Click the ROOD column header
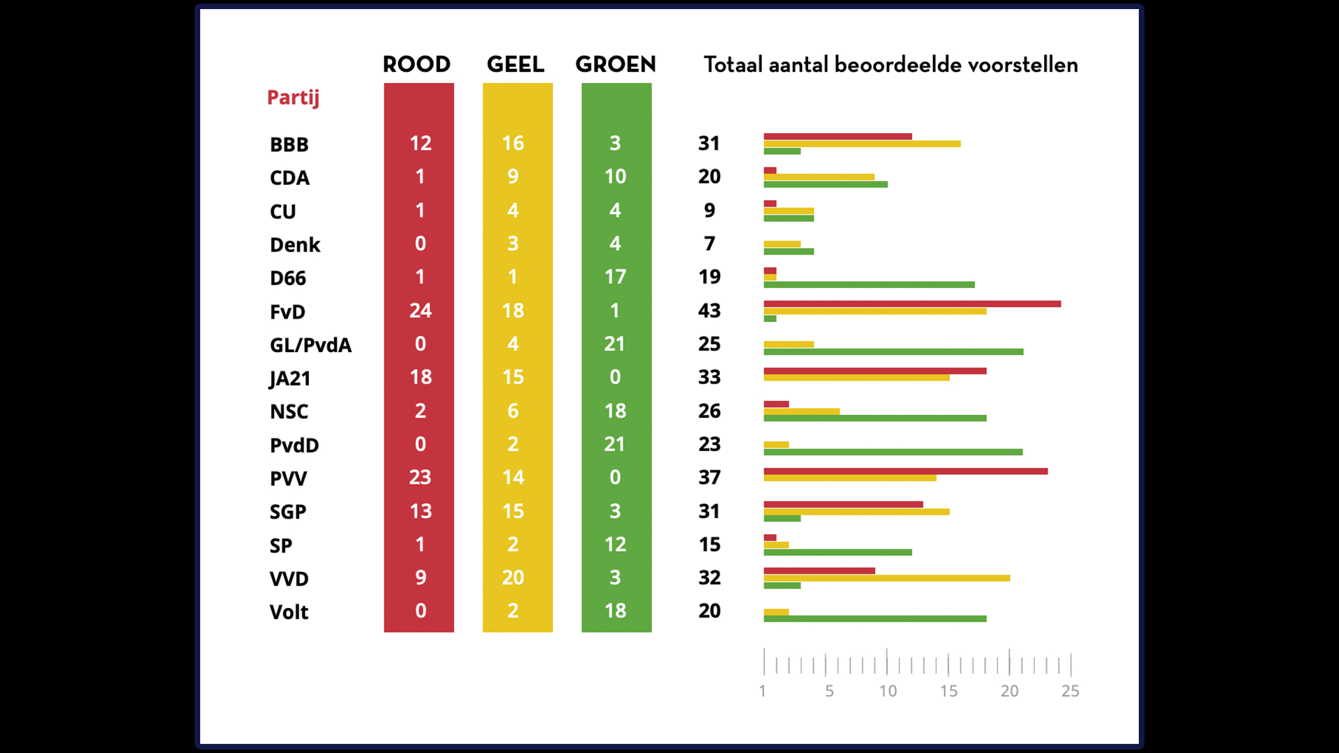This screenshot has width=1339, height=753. pyautogui.click(x=416, y=65)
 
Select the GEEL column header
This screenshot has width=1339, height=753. pyautogui.click(x=515, y=65)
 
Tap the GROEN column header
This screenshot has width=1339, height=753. pyautogui.click(x=615, y=65)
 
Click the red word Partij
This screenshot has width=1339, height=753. pyautogui.click(x=293, y=98)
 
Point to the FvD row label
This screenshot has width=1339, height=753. pyautogui.click(x=287, y=312)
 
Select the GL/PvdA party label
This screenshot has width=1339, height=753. pyautogui.click(x=310, y=345)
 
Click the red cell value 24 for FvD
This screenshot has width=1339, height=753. pyautogui.click(x=420, y=310)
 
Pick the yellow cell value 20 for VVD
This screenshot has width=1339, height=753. pyautogui.click(x=513, y=577)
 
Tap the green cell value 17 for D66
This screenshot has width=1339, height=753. pyautogui.click(x=614, y=277)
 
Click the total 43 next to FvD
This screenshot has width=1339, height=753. pyautogui.click(x=709, y=310)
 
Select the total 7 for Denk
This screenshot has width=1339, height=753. pyautogui.click(x=709, y=243)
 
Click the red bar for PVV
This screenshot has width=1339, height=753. pyautogui.click(x=905, y=471)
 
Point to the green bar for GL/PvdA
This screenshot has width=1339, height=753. pyautogui.click(x=893, y=352)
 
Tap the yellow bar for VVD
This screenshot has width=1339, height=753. pyautogui.click(x=886, y=578)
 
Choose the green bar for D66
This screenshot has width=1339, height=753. pyautogui.click(x=869, y=284)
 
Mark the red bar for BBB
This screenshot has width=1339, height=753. pyautogui.click(x=838, y=137)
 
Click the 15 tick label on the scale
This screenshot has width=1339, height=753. pyautogui.click(x=948, y=691)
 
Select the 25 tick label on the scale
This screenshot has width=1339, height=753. pyautogui.click(x=1070, y=691)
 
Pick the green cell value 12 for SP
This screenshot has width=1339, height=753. pyautogui.click(x=614, y=545)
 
